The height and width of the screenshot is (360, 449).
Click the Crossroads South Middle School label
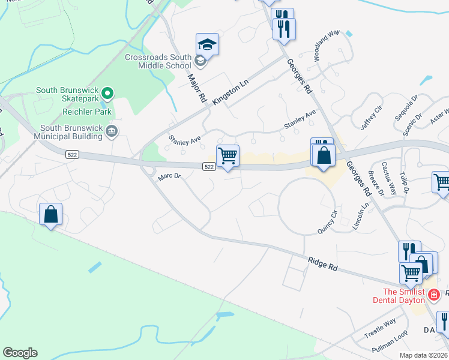(158, 61)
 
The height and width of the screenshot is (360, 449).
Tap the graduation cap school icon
(207, 44)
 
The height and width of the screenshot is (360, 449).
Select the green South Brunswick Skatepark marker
(107, 93)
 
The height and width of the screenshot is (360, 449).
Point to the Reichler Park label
(87, 112)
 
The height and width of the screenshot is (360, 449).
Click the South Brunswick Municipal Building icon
(111, 131)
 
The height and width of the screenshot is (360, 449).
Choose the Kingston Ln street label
(231, 94)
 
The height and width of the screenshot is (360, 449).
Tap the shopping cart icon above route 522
(228, 156)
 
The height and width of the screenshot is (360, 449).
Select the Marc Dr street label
(169, 177)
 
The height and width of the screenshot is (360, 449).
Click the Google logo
(20, 353)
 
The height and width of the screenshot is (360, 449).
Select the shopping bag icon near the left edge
(51, 214)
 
